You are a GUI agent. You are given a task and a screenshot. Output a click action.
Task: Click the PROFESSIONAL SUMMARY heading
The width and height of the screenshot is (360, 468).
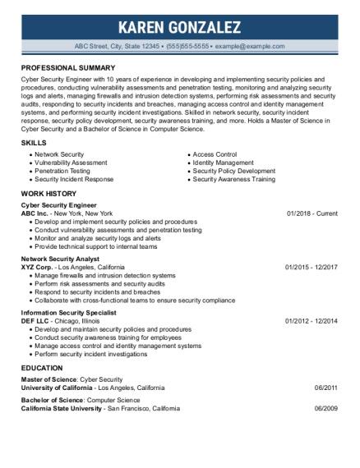coord(68,67)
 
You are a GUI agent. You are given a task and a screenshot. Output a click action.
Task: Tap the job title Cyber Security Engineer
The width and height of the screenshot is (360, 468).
coord(59,204)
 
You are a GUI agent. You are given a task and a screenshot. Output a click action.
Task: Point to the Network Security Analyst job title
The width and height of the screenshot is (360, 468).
coord(60,258)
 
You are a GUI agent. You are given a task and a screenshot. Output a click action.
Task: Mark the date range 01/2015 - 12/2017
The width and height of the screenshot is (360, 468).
coord(311,267)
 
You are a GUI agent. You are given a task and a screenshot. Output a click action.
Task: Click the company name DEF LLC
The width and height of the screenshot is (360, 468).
coord(38,321)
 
